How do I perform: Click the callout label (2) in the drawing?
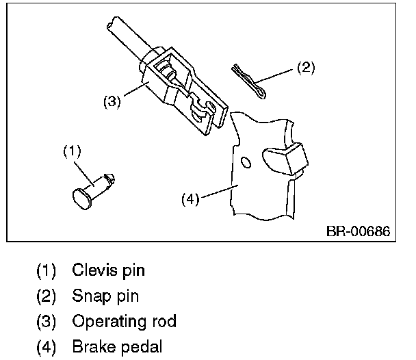pyautogui.click(x=305, y=67)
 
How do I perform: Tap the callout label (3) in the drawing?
pyautogui.click(x=112, y=102)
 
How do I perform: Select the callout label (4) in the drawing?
pyautogui.click(x=190, y=200)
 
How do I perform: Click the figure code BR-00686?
pyautogui.click(x=358, y=231)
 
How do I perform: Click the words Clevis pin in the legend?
pyautogui.click(x=108, y=270)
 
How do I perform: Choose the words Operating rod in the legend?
pyautogui.click(x=123, y=321)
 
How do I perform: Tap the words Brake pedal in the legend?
pyautogui.click(x=117, y=346)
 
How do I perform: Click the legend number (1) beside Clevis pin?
pyautogui.click(x=47, y=270)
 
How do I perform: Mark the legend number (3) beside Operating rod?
pyautogui.click(x=47, y=321)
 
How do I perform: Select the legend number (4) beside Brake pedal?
pyautogui.click(x=47, y=346)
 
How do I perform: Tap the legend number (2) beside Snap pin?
pyautogui.click(x=47, y=296)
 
